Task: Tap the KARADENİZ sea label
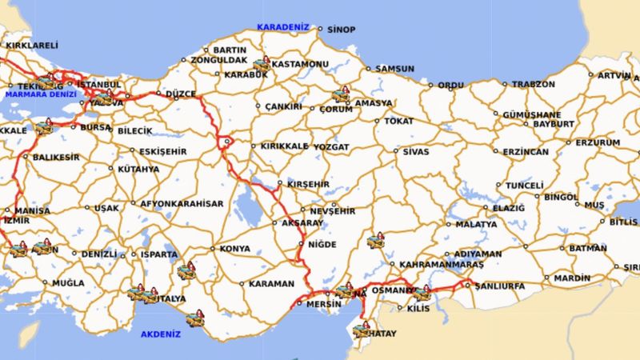[x=282, y=26]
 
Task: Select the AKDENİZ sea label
[x=161, y=334]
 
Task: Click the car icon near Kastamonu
[x=262, y=63]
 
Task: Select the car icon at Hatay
[x=365, y=328]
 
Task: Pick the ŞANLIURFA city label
[x=499, y=286]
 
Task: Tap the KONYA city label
[x=234, y=249]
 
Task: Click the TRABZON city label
[x=533, y=84]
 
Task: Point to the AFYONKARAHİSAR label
[x=182, y=203]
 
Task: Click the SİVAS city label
[x=416, y=151]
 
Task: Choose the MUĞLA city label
[x=68, y=282]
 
